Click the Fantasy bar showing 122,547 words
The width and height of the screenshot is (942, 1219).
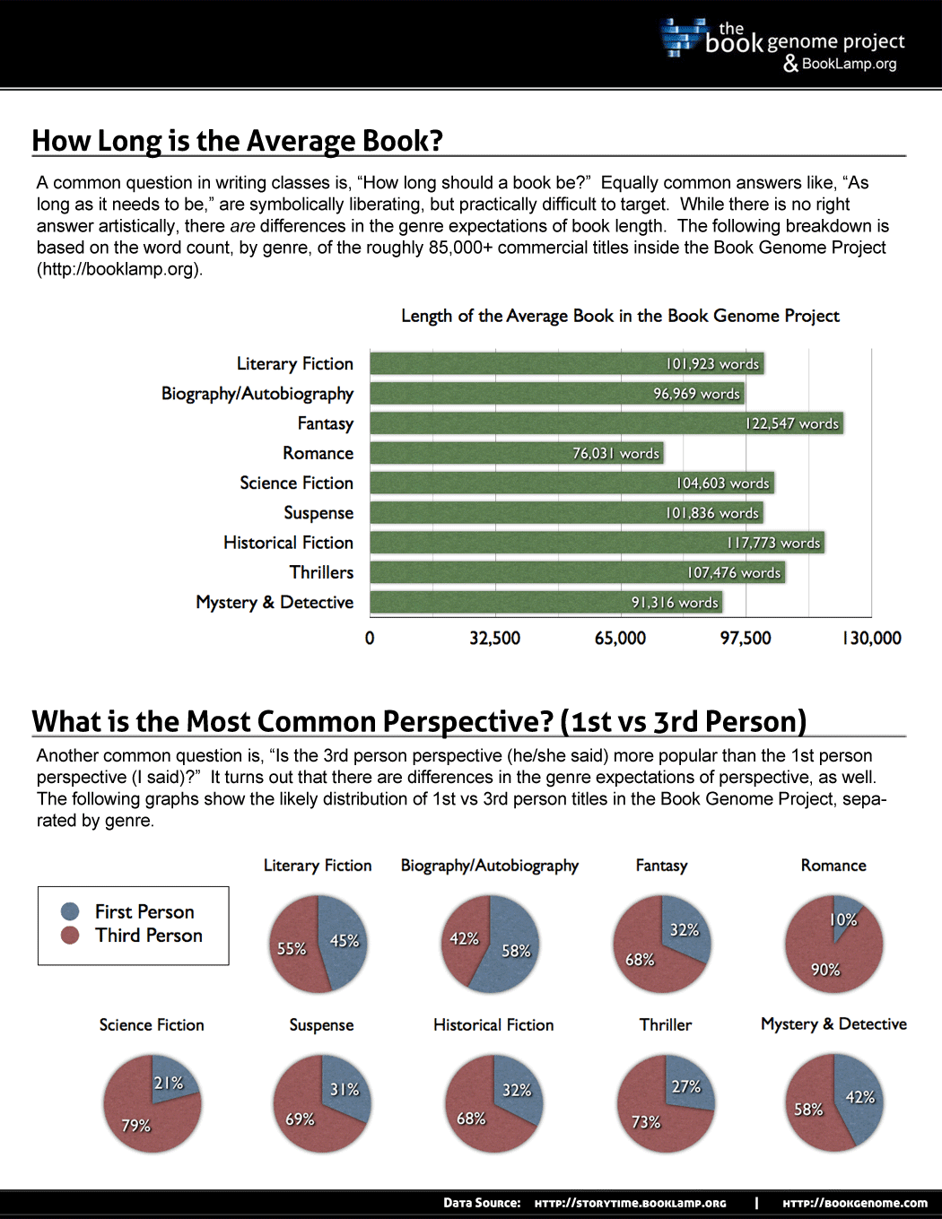tap(606, 423)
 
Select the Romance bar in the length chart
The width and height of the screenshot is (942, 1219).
tap(516, 453)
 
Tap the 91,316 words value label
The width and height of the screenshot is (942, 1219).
tap(675, 603)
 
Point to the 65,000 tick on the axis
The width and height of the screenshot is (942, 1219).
tap(620, 639)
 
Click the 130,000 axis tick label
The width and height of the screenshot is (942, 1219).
tap(871, 639)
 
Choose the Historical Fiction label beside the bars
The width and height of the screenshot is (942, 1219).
tap(288, 543)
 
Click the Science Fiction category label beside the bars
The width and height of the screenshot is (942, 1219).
tap(296, 483)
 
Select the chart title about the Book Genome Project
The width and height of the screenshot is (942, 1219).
tap(620, 316)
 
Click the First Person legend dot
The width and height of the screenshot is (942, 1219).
tap(70, 912)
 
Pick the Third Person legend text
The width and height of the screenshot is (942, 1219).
tap(149, 936)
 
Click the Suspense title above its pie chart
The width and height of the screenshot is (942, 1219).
tap(321, 1024)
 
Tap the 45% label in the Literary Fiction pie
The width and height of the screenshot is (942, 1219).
tap(344, 941)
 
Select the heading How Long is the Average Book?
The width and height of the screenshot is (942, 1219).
tap(238, 141)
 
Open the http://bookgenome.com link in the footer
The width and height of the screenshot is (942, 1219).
tap(855, 1203)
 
